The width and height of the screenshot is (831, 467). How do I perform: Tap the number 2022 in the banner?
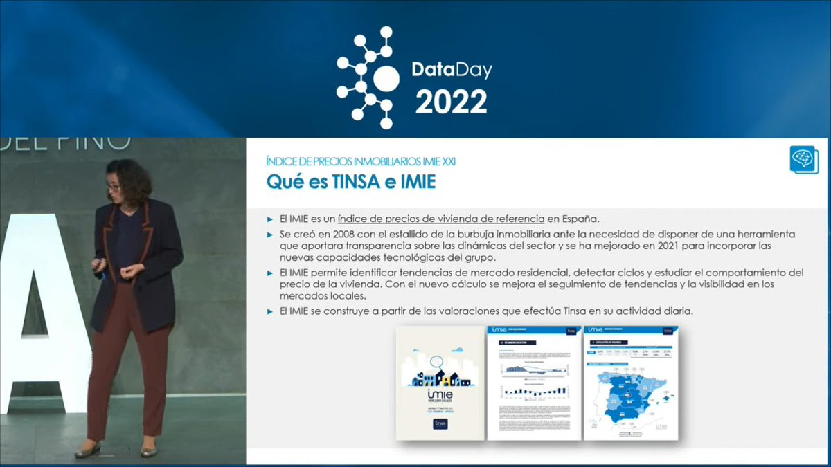(451, 102)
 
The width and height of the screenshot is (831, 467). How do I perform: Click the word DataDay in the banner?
(452, 71)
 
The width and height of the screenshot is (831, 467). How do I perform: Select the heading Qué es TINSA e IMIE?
(351, 182)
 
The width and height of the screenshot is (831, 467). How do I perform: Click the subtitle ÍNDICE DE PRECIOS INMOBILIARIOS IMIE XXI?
(361, 161)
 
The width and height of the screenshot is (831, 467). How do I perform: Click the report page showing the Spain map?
(630, 383)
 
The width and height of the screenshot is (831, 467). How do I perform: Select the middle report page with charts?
(533, 383)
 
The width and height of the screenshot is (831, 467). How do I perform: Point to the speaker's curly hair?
(132, 176)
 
